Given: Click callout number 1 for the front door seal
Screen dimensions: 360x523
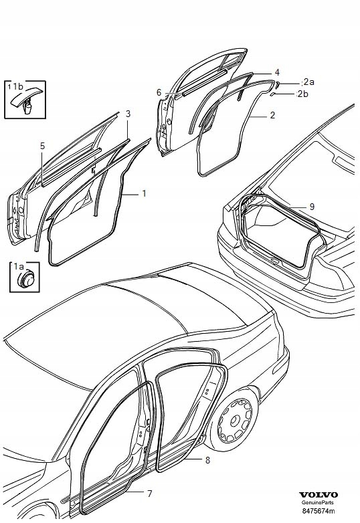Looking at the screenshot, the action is click(144, 193).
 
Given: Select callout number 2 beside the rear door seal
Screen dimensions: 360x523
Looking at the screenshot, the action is click(272, 116).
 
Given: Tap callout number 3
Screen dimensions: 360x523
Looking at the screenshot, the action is click(128, 114).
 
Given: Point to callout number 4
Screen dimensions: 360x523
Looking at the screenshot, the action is click(277, 72).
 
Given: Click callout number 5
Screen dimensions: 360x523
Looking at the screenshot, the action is click(42, 146).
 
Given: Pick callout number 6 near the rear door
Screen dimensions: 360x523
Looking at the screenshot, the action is click(159, 92).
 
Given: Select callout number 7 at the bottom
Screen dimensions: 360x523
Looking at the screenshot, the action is click(149, 494).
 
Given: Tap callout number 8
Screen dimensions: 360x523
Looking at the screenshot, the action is click(207, 461).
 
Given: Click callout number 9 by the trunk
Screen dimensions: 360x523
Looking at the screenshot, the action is click(312, 207).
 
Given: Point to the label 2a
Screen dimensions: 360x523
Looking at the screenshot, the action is click(308, 82).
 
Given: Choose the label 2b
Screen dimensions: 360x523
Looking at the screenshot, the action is click(302, 94).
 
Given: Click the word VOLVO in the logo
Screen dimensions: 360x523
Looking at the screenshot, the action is click(319, 495).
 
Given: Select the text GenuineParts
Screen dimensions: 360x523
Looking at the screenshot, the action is click(317, 503).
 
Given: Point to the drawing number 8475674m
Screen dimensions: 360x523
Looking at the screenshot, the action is click(319, 510).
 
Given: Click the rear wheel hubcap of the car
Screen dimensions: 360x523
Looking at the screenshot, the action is click(235, 419).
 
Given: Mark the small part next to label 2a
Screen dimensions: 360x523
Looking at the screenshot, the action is click(277, 85).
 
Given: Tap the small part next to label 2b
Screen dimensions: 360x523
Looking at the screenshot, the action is click(272, 95).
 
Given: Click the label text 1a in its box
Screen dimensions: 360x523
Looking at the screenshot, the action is click(18, 266).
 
